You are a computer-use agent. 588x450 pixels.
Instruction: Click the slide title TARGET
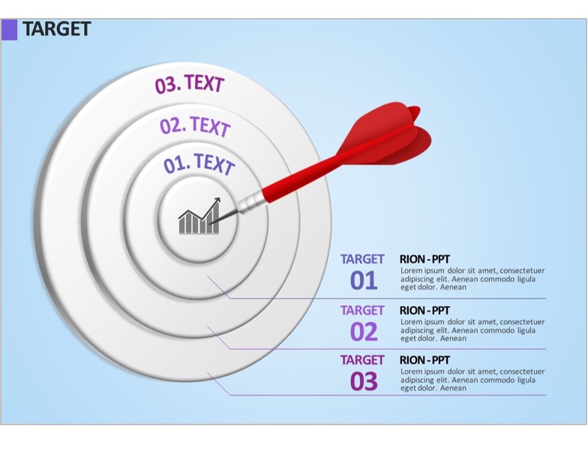point(57,28)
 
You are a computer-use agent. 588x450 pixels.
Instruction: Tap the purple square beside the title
point(9,30)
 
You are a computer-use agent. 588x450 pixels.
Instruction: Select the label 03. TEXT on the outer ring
point(189,84)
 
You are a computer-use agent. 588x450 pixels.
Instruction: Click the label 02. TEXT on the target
point(195,126)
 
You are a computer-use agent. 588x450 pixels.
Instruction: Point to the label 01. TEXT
point(199,163)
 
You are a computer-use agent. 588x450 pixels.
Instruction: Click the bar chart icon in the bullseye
point(199,216)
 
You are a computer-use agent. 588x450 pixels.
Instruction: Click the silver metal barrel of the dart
point(249,202)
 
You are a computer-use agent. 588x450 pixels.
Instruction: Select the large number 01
point(363,280)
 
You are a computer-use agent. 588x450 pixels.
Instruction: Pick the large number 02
point(363,331)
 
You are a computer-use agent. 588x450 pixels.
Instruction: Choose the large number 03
point(363,381)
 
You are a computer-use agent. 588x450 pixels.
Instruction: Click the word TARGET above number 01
point(362,259)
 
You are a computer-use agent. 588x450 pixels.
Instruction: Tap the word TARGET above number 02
point(362,310)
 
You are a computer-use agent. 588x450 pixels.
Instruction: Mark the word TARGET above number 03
point(362,360)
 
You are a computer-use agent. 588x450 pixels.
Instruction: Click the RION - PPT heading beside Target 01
point(424,259)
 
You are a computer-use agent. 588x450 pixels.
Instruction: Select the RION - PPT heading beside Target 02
point(424,310)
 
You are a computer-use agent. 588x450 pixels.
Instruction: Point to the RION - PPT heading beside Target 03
point(424,360)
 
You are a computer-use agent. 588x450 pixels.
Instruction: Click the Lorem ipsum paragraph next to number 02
point(472,330)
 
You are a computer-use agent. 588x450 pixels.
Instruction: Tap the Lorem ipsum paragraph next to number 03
point(472,379)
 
